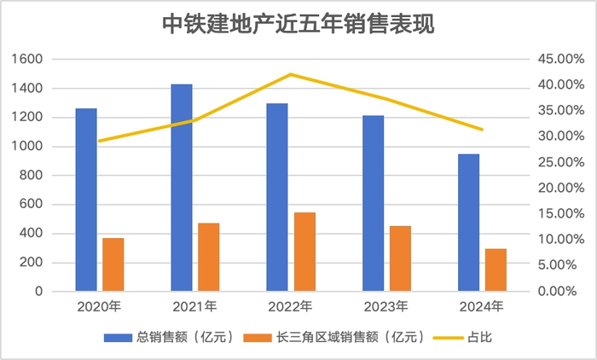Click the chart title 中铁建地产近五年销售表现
point(298,25)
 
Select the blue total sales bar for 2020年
point(86,200)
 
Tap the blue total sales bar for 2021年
point(182,188)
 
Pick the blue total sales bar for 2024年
point(468,223)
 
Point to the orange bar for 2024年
point(496,270)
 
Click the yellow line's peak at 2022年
point(291,74)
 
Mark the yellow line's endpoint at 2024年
point(482,130)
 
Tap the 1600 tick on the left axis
point(28,59)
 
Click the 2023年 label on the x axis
point(386,306)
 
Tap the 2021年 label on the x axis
point(195,306)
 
